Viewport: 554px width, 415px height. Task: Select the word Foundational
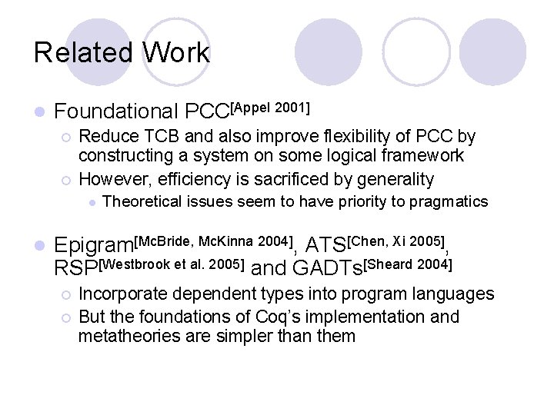coord(116,112)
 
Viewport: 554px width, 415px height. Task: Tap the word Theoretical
coord(142,202)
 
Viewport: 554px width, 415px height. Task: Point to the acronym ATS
coord(326,247)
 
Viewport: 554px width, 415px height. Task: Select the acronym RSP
coord(78,268)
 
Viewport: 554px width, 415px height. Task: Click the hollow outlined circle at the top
coord(416,51)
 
